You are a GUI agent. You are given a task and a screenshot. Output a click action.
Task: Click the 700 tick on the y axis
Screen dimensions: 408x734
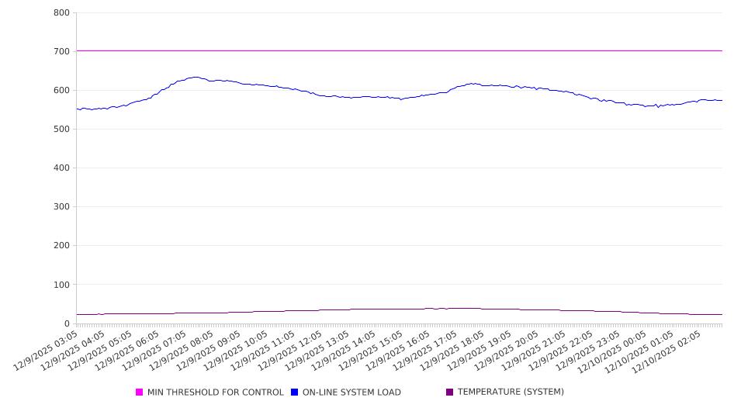click(x=62, y=51)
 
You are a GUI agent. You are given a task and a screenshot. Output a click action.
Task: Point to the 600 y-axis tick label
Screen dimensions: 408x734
click(x=62, y=90)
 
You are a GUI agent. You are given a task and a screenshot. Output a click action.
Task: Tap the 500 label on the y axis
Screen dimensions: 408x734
click(x=62, y=129)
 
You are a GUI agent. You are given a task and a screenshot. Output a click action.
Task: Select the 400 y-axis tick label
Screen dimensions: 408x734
click(x=62, y=168)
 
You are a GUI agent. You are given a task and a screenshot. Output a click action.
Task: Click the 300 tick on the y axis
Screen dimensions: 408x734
click(x=62, y=207)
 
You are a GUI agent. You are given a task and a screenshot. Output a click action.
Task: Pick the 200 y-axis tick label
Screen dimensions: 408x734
click(x=62, y=246)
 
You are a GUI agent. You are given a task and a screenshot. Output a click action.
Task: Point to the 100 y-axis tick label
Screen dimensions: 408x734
click(x=62, y=285)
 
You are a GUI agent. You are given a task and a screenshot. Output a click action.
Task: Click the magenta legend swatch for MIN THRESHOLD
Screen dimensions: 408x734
click(x=140, y=392)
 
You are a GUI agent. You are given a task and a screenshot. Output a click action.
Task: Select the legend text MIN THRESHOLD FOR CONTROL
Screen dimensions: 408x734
click(x=215, y=392)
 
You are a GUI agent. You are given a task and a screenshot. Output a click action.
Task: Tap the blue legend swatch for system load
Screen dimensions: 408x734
click(x=295, y=392)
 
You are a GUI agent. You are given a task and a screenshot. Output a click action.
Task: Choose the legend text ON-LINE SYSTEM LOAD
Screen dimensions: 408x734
click(x=351, y=392)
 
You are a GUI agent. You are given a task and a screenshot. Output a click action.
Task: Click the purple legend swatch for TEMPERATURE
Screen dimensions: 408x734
click(x=450, y=392)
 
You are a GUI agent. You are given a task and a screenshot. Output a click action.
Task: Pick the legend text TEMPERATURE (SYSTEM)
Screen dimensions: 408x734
click(x=511, y=392)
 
